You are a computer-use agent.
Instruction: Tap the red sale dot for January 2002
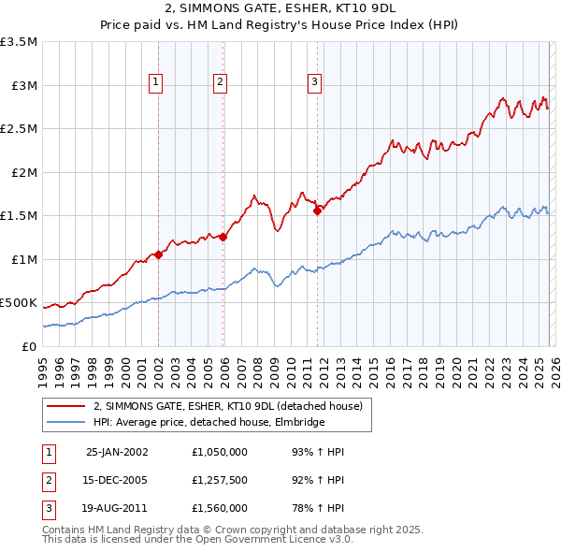[x=159, y=254]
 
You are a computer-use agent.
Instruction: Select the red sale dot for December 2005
[x=223, y=237]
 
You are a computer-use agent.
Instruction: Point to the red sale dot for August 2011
[x=317, y=211]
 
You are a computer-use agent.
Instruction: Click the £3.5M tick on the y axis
[x=19, y=42]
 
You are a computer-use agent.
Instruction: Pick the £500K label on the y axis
[x=19, y=303]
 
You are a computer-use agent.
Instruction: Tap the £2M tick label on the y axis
[x=22, y=172]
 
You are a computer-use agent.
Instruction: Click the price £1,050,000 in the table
[x=218, y=452]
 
